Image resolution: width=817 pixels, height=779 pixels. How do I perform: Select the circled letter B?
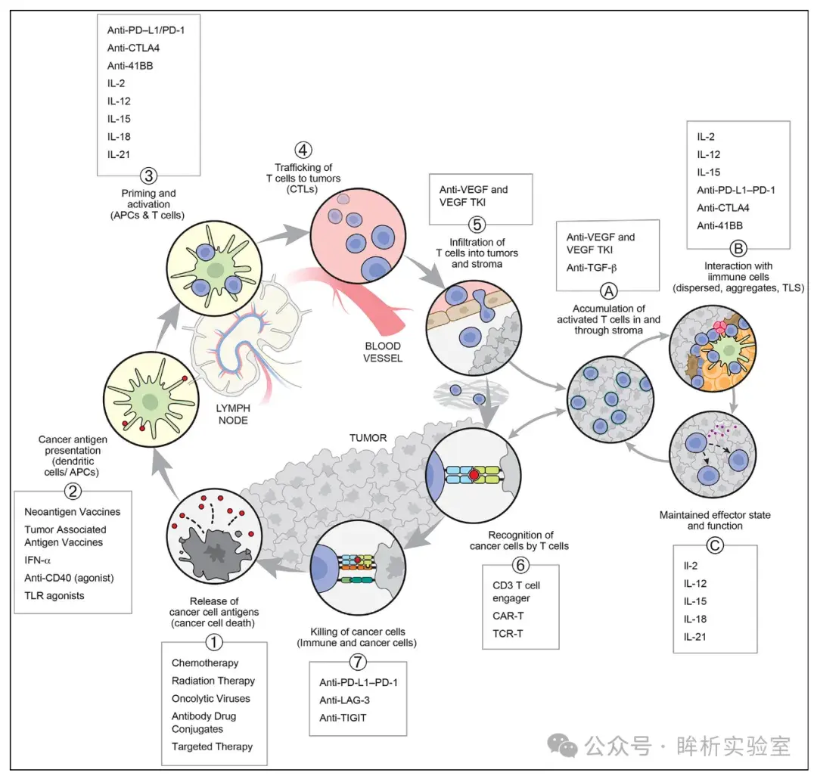[737, 248]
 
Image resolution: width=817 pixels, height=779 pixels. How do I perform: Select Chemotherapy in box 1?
[205, 663]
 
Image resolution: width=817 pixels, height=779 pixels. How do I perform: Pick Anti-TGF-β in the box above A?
[592, 267]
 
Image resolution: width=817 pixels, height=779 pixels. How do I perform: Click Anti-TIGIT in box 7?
[343, 717]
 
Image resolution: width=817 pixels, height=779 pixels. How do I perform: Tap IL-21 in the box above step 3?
[119, 154]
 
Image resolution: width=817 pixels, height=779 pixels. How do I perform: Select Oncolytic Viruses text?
[210, 698]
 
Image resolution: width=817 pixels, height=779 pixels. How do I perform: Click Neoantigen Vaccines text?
[71, 512]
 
